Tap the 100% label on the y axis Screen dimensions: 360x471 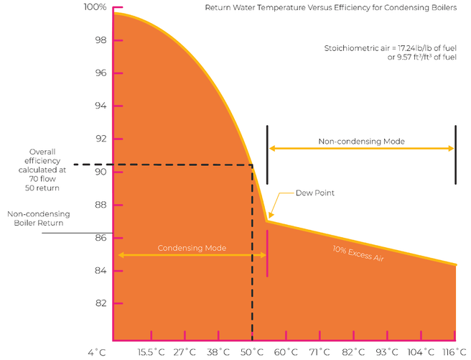point(95,7)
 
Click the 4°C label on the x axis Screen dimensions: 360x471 point(97,352)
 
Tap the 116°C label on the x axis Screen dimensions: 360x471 point(455,352)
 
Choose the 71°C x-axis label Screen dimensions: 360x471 point(320,352)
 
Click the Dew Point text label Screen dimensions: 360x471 point(315,193)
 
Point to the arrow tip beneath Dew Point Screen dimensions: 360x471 point(269,218)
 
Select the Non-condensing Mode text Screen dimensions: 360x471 point(361,142)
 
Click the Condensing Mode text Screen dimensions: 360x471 point(192,248)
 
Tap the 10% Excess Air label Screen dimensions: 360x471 point(358,253)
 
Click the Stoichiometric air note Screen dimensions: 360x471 point(391,52)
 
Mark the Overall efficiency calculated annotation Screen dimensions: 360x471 point(47,170)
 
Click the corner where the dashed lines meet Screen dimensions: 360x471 point(252,165)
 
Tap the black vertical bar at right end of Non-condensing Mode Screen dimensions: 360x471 point(455,154)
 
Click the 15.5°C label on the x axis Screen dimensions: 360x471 point(152,352)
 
